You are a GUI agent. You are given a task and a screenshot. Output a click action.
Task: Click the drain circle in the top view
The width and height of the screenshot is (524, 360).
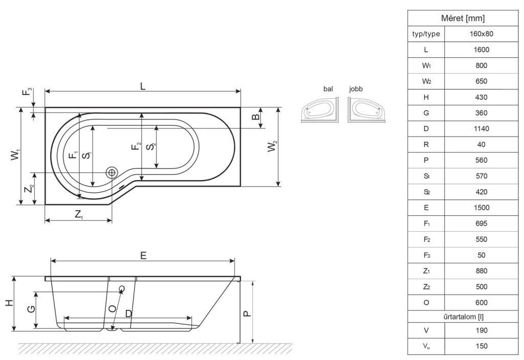(x=111, y=172)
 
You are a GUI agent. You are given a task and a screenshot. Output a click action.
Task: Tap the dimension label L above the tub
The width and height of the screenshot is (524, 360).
(x=143, y=86)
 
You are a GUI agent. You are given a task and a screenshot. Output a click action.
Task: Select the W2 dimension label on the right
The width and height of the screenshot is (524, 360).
(x=273, y=147)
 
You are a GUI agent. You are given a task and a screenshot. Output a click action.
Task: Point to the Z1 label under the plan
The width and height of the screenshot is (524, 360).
(x=79, y=214)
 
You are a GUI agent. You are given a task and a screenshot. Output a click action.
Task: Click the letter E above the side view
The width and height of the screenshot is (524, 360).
(x=143, y=256)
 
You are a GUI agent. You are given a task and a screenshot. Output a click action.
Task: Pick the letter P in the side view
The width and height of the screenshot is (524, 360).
(x=246, y=313)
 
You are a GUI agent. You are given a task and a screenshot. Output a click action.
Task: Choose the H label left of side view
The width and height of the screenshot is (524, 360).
(x=9, y=303)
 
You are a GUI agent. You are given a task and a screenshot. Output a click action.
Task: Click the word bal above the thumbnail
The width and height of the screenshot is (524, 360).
(x=328, y=89)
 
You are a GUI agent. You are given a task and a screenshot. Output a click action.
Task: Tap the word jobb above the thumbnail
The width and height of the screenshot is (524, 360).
(x=356, y=89)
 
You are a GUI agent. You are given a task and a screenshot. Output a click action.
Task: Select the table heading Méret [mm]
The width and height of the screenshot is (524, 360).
(x=463, y=18)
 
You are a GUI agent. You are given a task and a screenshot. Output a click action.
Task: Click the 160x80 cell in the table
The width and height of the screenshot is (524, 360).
(x=481, y=34)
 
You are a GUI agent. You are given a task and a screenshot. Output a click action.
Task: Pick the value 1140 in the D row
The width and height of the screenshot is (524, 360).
(x=481, y=128)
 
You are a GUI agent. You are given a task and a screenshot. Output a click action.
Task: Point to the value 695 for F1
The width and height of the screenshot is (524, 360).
(x=481, y=223)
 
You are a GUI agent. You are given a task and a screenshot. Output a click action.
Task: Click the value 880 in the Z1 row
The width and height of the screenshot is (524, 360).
(x=481, y=271)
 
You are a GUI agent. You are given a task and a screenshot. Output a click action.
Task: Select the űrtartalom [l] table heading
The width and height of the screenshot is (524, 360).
(x=464, y=317)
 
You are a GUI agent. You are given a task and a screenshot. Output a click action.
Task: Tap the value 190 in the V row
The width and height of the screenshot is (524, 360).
(x=481, y=330)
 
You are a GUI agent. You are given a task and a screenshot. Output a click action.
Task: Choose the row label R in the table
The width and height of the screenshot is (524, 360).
(x=426, y=145)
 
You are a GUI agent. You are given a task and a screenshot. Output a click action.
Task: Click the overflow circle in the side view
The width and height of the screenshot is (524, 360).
(x=122, y=288)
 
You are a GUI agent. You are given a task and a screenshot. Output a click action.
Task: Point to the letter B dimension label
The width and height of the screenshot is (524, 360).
(x=255, y=117)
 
